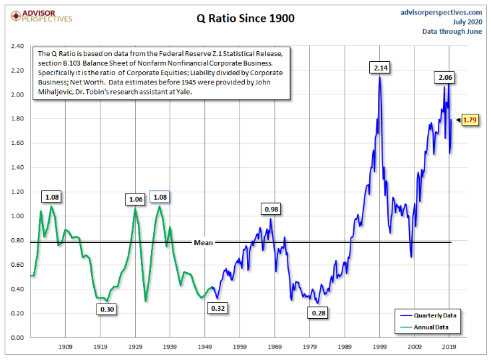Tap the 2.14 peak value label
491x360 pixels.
pos(381,67)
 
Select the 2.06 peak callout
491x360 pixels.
pos(445,78)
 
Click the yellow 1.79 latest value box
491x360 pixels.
pos(470,120)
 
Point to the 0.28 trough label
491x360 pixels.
pos(319,311)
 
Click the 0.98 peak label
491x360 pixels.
pos(271,210)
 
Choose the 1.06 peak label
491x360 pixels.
pos(135,198)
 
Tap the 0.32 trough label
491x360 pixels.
pos(218,309)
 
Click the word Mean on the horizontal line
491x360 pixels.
pos(203,242)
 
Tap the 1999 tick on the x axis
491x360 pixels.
pos(380,347)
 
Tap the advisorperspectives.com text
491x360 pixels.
pos(441,12)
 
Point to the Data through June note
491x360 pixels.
pos(452,31)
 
